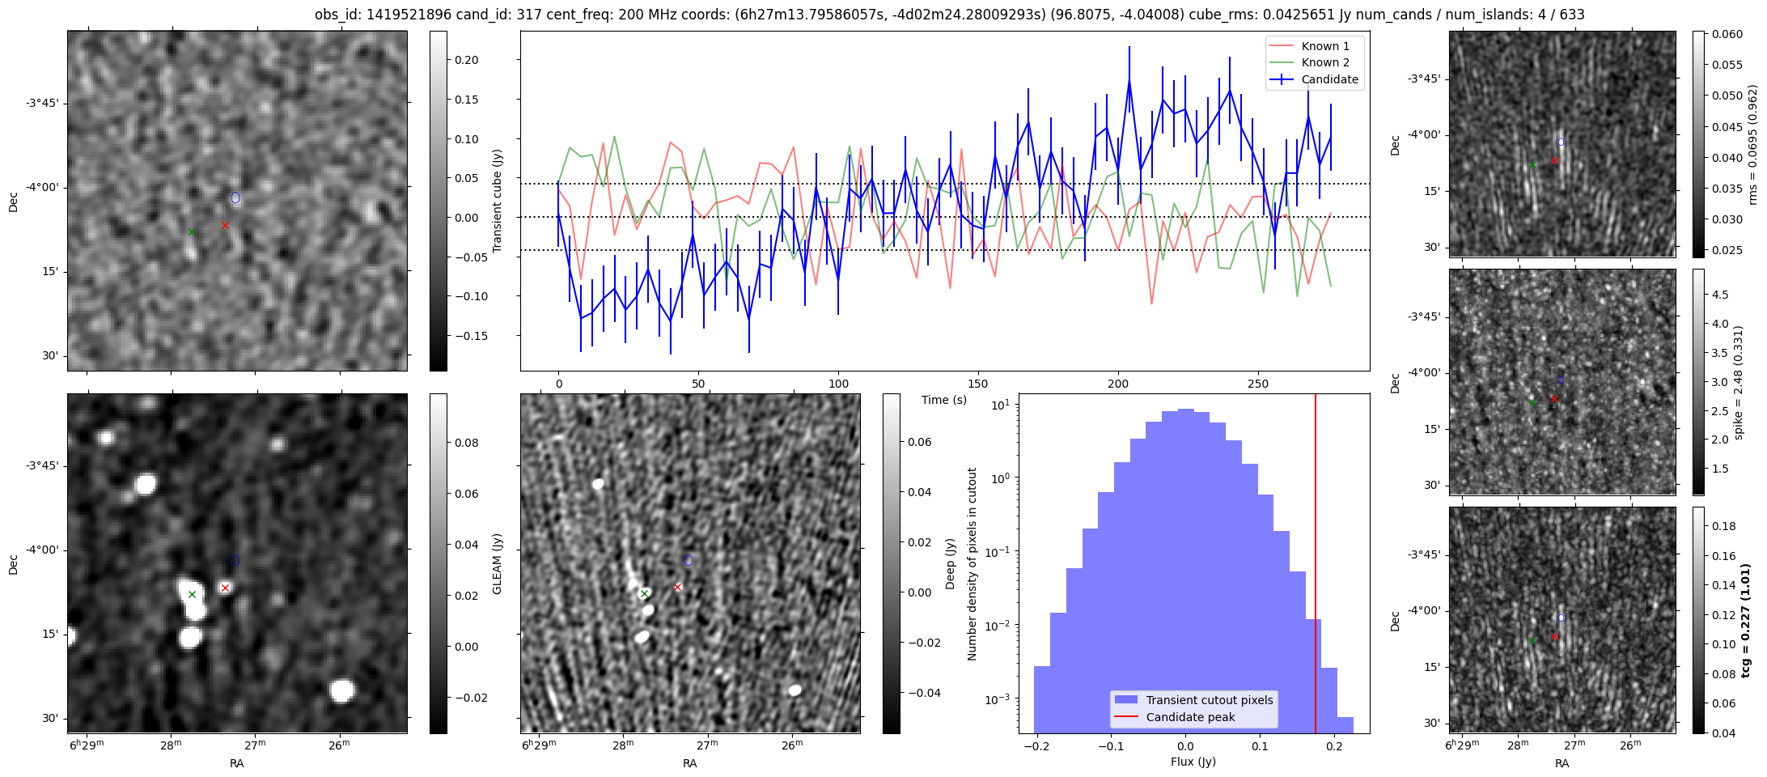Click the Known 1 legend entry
pos(1324,46)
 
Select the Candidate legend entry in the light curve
pos(1329,79)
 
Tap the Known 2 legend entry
pos(1324,62)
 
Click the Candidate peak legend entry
pos(1190,717)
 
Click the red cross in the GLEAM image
pos(225,588)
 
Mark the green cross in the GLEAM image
pos(192,594)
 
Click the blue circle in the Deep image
pos(688,560)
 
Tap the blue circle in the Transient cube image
pos(235,197)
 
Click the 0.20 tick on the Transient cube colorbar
pos(466,60)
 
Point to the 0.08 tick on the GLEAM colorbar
pos(466,443)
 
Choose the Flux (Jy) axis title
pos(1193,762)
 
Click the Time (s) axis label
pos(944,400)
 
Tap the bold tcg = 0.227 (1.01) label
pos(1747,620)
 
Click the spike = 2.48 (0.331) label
pos(1739,382)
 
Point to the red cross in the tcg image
pos(1554,637)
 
